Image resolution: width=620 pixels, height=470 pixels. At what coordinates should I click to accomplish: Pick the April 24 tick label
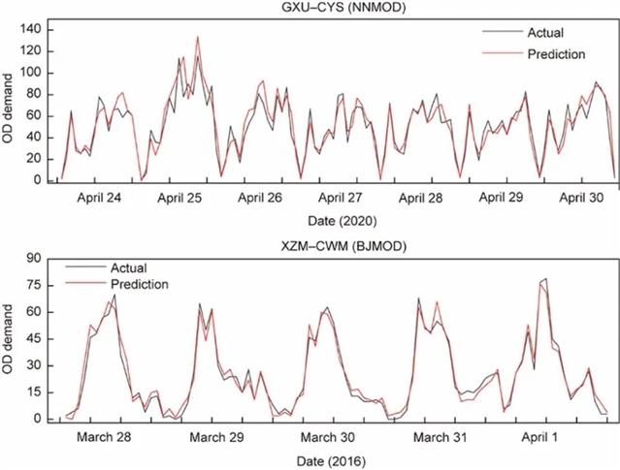pyautogui.click(x=98, y=198)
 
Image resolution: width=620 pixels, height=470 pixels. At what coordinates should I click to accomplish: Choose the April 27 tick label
pyautogui.click(x=340, y=198)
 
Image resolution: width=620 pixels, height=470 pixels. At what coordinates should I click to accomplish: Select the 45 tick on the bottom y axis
pyautogui.click(x=37, y=339)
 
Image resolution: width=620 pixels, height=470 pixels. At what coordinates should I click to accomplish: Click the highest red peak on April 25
pyautogui.click(x=198, y=38)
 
